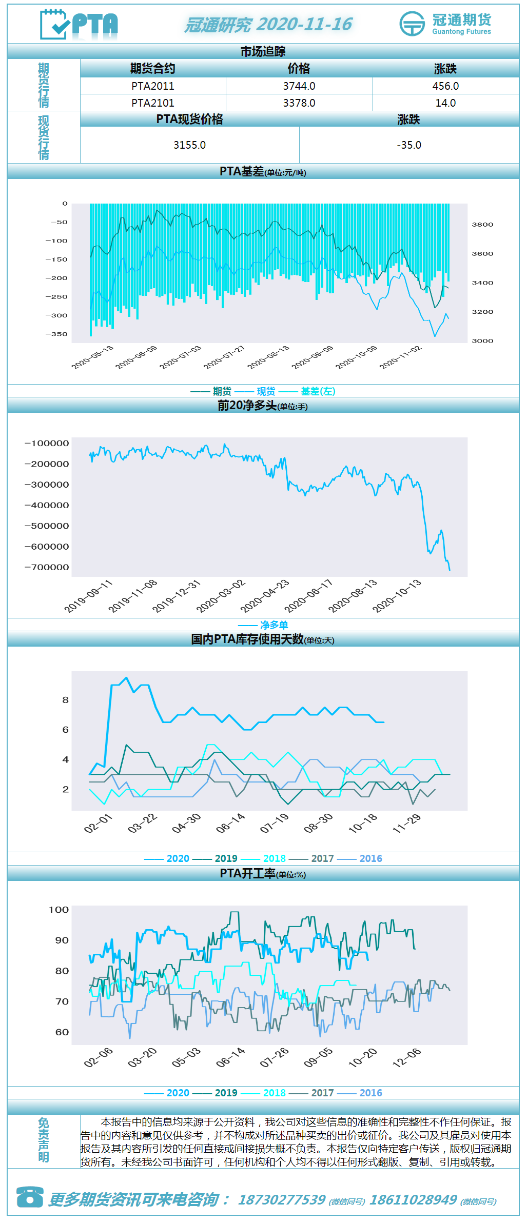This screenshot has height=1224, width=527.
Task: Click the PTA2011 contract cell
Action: click(x=152, y=86)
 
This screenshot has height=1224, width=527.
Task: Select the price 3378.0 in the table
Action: click(x=299, y=103)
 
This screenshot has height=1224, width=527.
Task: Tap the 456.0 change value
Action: click(x=445, y=86)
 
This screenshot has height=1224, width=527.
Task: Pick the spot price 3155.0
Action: click(x=189, y=145)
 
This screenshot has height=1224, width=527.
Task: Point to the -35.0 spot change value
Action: click(x=409, y=145)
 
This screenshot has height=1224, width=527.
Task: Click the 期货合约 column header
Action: click(x=152, y=69)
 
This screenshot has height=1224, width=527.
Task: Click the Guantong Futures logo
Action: click(x=445, y=24)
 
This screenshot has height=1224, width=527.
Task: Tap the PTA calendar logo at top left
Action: click(x=79, y=24)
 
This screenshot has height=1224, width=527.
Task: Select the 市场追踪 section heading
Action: click(x=263, y=51)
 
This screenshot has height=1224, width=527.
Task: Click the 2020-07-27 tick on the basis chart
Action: click(x=225, y=356)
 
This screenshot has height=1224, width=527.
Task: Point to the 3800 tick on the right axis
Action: click(x=482, y=225)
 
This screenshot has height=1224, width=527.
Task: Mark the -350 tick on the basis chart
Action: click(x=56, y=334)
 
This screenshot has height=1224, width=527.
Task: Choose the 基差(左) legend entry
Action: click(x=318, y=391)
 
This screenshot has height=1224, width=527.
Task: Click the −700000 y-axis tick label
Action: click(x=47, y=567)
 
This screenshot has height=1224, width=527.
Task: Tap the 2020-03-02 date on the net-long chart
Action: click(x=221, y=596)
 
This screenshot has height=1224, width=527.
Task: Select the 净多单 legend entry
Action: click(x=274, y=625)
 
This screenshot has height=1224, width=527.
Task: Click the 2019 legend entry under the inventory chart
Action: click(x=226, y=858)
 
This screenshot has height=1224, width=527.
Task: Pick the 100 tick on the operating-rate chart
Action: click(x=58, y=910)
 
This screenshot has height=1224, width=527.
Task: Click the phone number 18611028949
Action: click(x=413, y=1200)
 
